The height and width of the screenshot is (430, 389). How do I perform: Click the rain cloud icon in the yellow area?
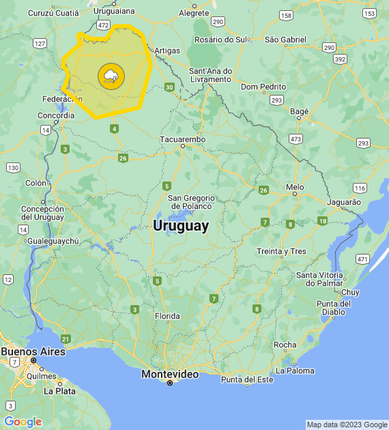click(111, 75)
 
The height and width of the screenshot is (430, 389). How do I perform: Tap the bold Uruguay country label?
click(181, 226)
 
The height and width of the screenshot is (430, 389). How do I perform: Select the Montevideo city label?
click(170, 374)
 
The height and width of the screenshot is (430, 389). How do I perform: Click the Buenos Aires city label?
click(33, 351)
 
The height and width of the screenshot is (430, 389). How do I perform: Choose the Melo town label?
click(295, 186)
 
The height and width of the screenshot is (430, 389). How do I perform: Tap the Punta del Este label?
click(246, 379)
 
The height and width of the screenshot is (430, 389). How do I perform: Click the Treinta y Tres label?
click(281, 251)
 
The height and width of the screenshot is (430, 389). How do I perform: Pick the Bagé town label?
click(300, 111)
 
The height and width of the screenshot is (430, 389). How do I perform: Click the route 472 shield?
click(103, 25)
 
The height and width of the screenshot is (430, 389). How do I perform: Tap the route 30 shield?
click(169, 87)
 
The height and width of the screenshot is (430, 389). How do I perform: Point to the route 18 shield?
click(322, 220)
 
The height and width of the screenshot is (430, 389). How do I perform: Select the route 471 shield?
click(362, 259)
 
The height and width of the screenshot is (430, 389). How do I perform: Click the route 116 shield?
click(359, 188)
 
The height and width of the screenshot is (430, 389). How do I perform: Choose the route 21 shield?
click(66, 339)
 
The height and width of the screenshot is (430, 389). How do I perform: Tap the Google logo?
click(23, 422)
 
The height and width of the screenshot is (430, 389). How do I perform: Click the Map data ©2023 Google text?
click(347, 425)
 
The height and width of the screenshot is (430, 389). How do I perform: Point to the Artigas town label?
click(167, 50)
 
